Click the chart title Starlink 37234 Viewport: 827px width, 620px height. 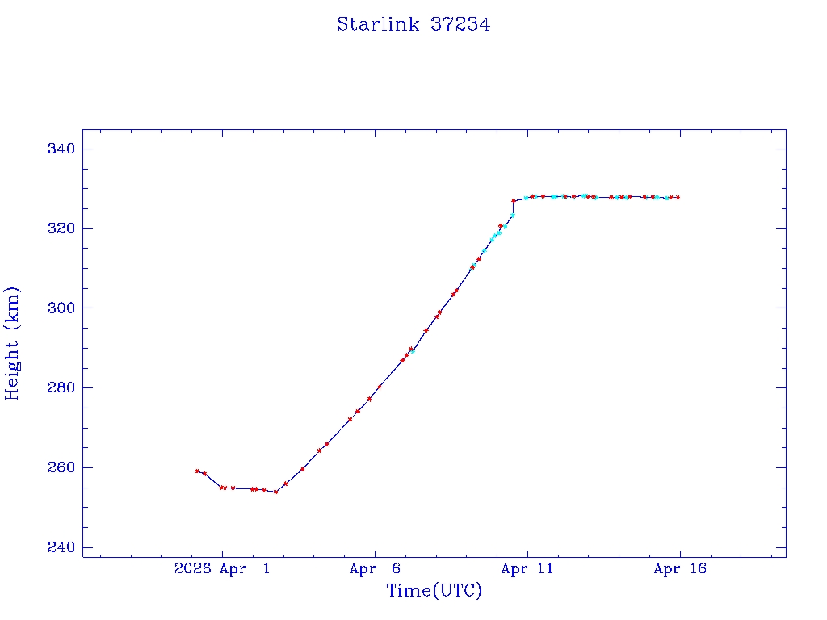tap(413, 25)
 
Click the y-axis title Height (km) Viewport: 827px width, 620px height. tap(12, 343)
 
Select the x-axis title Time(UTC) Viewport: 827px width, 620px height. tap(434, 591)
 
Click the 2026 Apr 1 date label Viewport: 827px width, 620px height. tap(222, 569)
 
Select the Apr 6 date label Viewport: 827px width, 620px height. tap(375, 569)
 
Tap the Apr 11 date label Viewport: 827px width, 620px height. tap(527, 569)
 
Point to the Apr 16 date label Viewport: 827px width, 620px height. tap(679, 569)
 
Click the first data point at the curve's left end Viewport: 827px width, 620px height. tap(197, 471)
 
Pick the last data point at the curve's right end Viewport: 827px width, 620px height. tap(678, 197)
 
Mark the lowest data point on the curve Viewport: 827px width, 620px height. tap(275, 492)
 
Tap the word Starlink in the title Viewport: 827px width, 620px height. tap(378, 25)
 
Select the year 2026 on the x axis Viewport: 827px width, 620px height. tap(192, 569)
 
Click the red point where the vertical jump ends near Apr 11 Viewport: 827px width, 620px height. tap(514, 201)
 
